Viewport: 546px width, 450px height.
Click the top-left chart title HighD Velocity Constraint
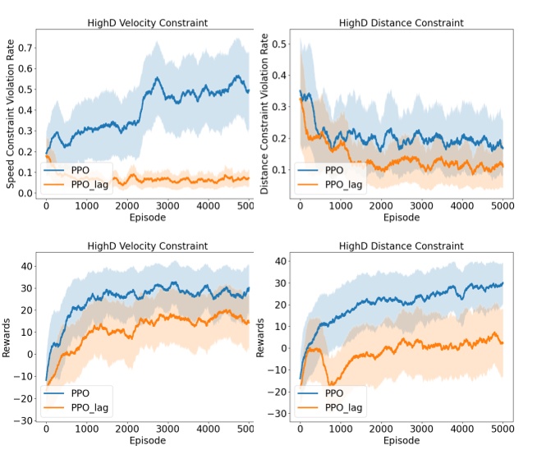(148, 22)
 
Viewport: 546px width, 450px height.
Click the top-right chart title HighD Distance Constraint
(401, 22)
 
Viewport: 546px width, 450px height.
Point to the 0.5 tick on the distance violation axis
(280, 41)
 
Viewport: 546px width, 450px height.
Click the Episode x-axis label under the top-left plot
(148, 219)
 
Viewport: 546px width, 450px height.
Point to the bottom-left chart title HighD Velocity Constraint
(148, 246)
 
